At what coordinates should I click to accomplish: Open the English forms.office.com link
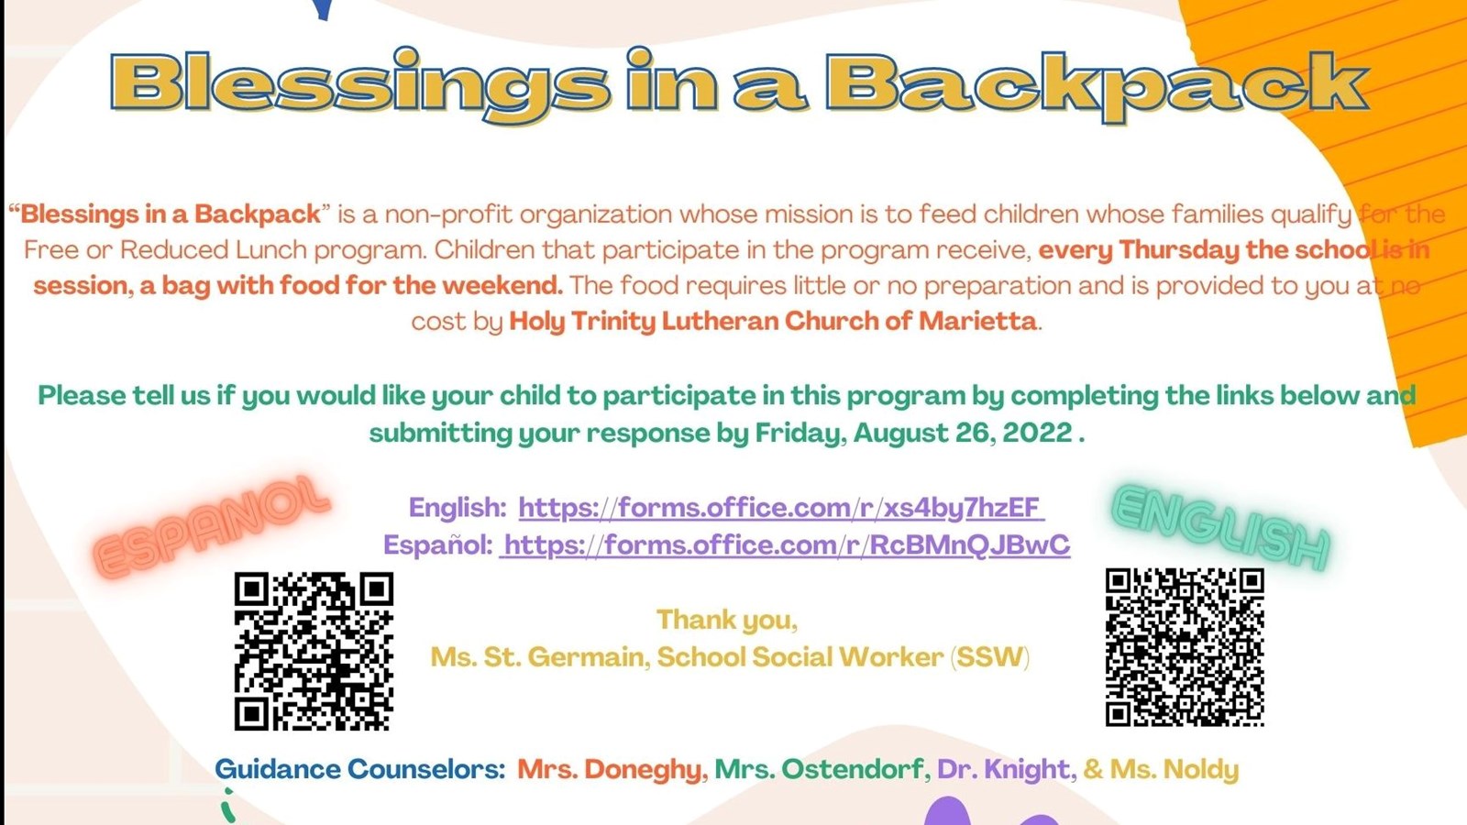pos(779,507)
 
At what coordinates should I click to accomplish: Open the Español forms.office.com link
pos(786,544)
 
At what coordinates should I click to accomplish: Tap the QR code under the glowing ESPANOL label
pos(314,651)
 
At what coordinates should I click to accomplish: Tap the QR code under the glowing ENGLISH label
pos(1185,647)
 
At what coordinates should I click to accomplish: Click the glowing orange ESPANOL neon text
pos(211,526)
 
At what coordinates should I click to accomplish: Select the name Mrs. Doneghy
pos(610,769)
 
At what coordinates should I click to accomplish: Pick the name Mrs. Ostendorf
pos(819,769)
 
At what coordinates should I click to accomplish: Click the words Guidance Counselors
pos(359,769)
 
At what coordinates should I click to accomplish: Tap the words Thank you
pos(726,621)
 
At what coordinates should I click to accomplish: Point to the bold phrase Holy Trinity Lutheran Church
pos(695,321)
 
